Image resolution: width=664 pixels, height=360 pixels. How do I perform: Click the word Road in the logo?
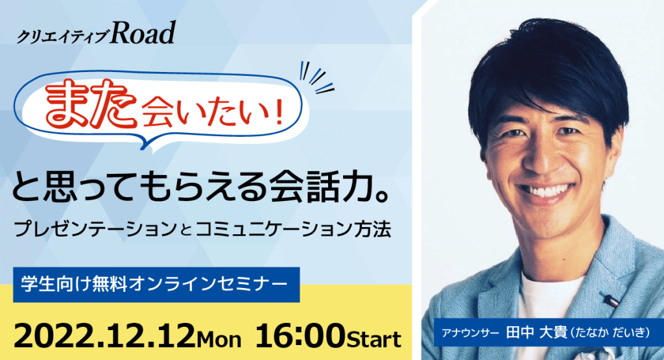pyautogui.click(x=143, y=33)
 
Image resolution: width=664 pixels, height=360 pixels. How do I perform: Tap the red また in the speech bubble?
pyautogui.click(x=91, y=104)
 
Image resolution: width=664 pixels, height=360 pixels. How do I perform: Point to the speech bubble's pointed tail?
pyautogui.click(x=145, y=143)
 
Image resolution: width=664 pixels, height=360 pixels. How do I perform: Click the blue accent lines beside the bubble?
pyautogui.click(x=316, y=78)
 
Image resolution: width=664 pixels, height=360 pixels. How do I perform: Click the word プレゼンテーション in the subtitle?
pyautogui.click(x=95, y=229)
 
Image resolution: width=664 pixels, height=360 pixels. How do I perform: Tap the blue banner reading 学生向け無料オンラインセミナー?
pyautogui.click(x=156, y=284)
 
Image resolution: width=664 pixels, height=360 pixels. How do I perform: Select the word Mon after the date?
pyautogui.click(x=219, y=340)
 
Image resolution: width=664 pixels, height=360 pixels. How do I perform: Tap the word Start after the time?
pyautogui.click(x=374, y=340)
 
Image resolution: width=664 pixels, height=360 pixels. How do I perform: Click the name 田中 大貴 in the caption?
pyautogui.click(x=536, y=331)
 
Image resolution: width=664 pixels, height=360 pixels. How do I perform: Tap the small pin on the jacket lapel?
pyautogui.click(x=610, y=299)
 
